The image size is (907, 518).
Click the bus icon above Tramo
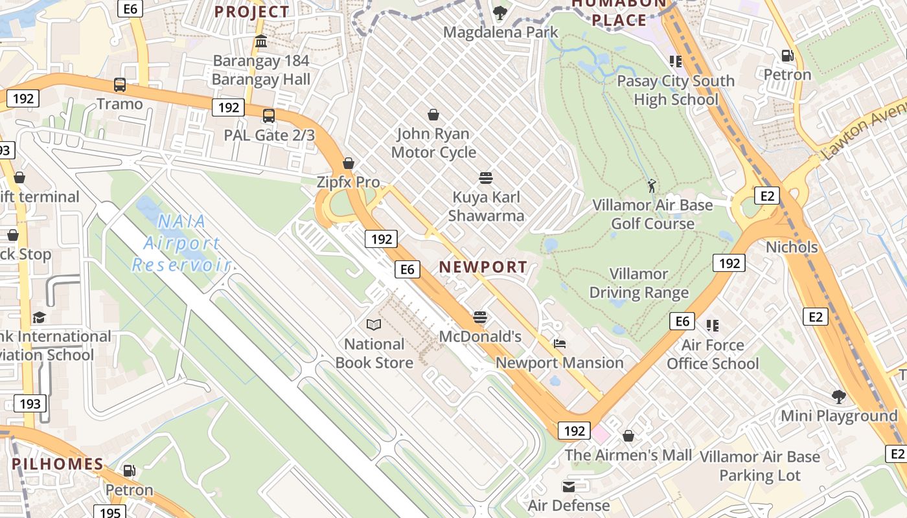120,85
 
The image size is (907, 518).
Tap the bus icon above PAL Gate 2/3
268,116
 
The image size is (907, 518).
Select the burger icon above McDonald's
480,317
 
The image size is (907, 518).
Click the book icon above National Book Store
374,324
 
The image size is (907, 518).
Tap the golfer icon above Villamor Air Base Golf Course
652,186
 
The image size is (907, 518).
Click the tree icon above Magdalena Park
500,12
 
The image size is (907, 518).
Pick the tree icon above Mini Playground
839,396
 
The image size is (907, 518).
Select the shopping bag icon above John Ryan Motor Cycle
433,115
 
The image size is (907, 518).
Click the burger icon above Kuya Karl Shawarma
486,178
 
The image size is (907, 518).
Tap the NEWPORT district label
483,267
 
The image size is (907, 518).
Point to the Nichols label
792,247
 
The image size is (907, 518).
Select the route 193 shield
30,403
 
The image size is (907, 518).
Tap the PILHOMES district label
58,464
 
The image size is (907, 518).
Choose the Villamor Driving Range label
639,283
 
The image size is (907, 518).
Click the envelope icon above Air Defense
569,486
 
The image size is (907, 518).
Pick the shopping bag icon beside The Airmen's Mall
628,436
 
